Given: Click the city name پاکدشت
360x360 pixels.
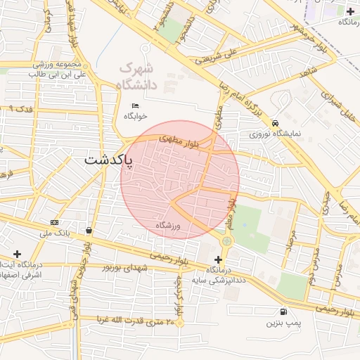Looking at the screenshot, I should [112, 160].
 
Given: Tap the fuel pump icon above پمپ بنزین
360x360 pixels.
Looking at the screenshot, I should [283, 311].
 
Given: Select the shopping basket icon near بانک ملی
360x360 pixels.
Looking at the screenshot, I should [89, 230].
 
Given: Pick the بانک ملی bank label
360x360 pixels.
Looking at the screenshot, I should [54, 233].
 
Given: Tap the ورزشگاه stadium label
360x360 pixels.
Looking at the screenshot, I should [168, 226].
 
